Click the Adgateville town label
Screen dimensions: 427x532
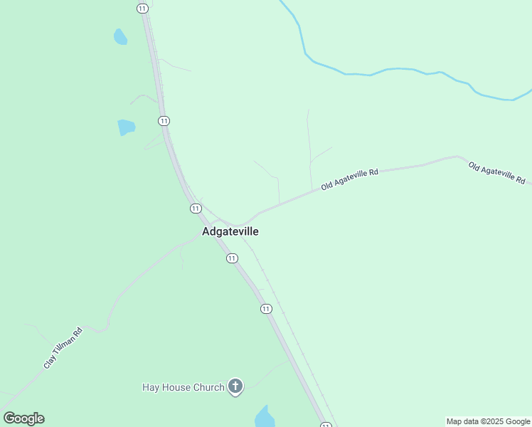[x=230, y=231]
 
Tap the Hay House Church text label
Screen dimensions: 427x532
[x=183, y=387]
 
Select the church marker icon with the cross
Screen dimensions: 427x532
[x=235, y=386]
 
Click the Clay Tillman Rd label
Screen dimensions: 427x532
[x=63, y=348]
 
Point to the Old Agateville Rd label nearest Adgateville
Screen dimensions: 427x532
[x=349, y=179]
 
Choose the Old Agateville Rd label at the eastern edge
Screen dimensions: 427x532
[x=496, y=172]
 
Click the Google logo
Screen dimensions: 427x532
[x=23, y=418]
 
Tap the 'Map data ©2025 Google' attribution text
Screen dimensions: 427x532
[x=488, y=421]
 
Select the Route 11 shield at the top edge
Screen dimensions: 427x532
[x=143, y=7]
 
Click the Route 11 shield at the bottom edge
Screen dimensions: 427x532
[x=326, y=425]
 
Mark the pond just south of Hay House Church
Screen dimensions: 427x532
[x=265, y=416]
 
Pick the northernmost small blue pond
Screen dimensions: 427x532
[x=120, y=36]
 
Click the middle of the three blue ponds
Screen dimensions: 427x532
[x=126, y=127]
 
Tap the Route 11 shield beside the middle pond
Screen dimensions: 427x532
[x=164, y=121]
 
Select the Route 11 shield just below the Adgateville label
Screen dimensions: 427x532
[x=232, y=258]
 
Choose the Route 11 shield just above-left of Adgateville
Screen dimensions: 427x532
[x=195, y=208]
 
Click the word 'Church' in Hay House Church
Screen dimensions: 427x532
[x=210, y=387]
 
